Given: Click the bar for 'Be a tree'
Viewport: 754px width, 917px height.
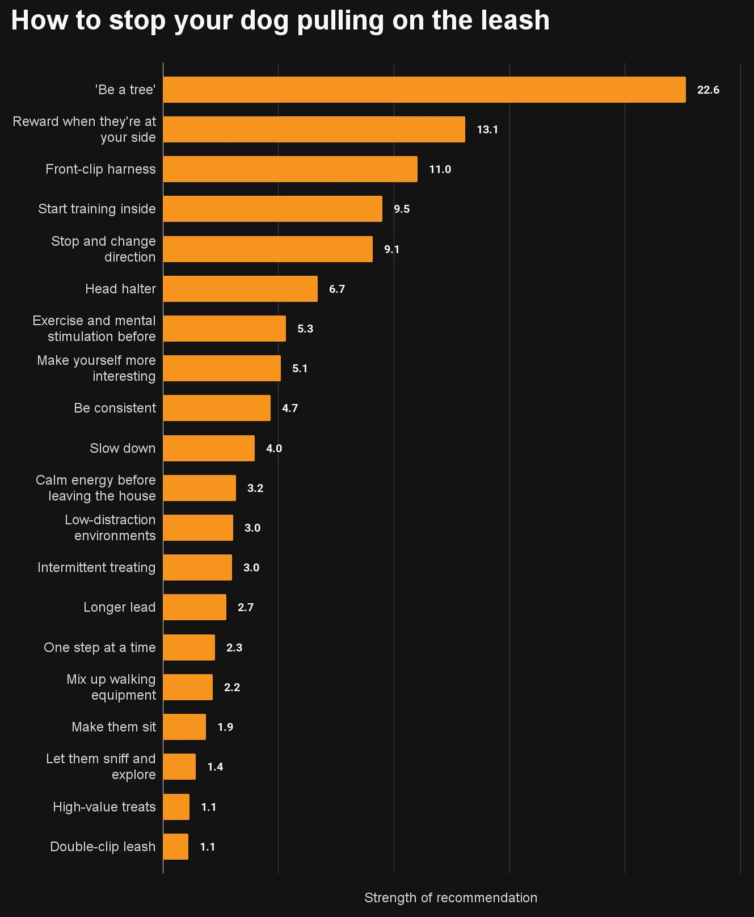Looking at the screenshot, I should [x=424, y=90].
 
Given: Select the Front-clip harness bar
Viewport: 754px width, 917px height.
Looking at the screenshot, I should [x=290, y=169].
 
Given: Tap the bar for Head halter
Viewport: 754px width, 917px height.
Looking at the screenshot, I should [x=240, y=289].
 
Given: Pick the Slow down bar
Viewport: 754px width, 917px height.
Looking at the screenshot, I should [x=209, y=448].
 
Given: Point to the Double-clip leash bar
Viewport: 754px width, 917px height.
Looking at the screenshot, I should [x=176, y=847].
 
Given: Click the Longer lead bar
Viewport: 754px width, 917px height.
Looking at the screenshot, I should [x=195, y=607].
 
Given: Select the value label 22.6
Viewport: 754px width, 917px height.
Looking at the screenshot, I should [x=708, y=90].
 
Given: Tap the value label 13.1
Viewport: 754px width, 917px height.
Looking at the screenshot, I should [x=487, y=129].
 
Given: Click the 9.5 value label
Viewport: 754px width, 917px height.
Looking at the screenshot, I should [x=402, y=209].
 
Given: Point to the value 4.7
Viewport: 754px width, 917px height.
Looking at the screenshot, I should [x=290, y=408].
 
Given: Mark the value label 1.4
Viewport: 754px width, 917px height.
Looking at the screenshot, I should [x=215, y=767].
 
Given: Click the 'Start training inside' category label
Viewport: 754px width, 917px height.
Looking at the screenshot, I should [x=97, y=209].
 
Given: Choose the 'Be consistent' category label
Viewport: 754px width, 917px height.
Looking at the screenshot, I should [x=115, y=408].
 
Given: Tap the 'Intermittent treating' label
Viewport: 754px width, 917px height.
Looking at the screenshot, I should [x=96, y=567].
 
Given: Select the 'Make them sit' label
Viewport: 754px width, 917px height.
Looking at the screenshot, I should [x=113, y=727].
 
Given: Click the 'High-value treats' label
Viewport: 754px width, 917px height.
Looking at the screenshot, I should [x=104, y=807].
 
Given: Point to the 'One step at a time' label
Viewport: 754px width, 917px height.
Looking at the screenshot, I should [x=100, y=647].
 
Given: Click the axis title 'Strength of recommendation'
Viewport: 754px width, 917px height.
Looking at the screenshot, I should [x=450, y=898].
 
